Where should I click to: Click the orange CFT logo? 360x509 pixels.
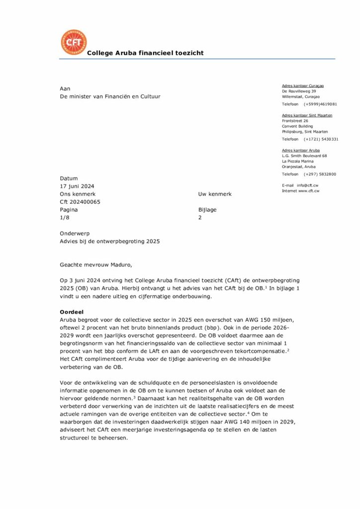click(74, 42)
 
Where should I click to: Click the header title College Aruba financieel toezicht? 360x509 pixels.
click(145, 53)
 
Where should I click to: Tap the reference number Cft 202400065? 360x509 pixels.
click(80, 202)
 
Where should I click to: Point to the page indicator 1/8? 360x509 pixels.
click(65, 218)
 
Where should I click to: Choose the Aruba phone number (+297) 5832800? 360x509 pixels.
click(320, 174)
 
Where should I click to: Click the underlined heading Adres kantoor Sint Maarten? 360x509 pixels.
click(307, 115)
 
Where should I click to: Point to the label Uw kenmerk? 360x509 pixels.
click(215, 194)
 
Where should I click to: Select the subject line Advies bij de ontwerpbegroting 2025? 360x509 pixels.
click(110, 241)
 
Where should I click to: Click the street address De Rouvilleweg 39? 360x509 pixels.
click(299, 91)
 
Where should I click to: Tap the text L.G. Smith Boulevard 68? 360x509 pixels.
click(304, 156)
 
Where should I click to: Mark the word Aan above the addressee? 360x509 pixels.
click(65, 88)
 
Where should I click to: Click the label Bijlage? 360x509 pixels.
click(207, 210)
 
